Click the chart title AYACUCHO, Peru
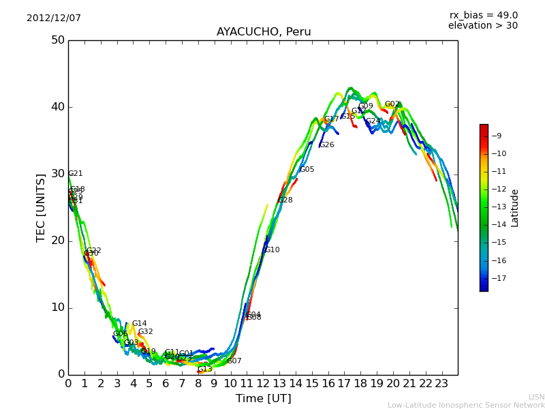(x=264, y=32)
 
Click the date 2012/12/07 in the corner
(x=54, y=18)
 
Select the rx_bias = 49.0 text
(x=483, y=16)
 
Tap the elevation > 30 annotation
(x=482, y=26)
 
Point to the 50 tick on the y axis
(x=57, y=40)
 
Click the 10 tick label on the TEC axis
(x=57, y=307)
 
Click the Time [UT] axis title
(x=263, y=398)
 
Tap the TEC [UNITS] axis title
(x=41, y=207)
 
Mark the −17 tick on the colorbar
(x=499, y=278)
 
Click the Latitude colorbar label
(x=515, y=207)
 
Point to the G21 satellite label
(x=76, y=174)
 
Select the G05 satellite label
(x=307, y=170)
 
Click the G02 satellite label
(x=392, y=104)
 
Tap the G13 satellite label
(x=205, y=369)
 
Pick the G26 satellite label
(x=327, y=145)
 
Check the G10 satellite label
(x=272, y=250)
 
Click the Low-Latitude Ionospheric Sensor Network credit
(x=466, y=405)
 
